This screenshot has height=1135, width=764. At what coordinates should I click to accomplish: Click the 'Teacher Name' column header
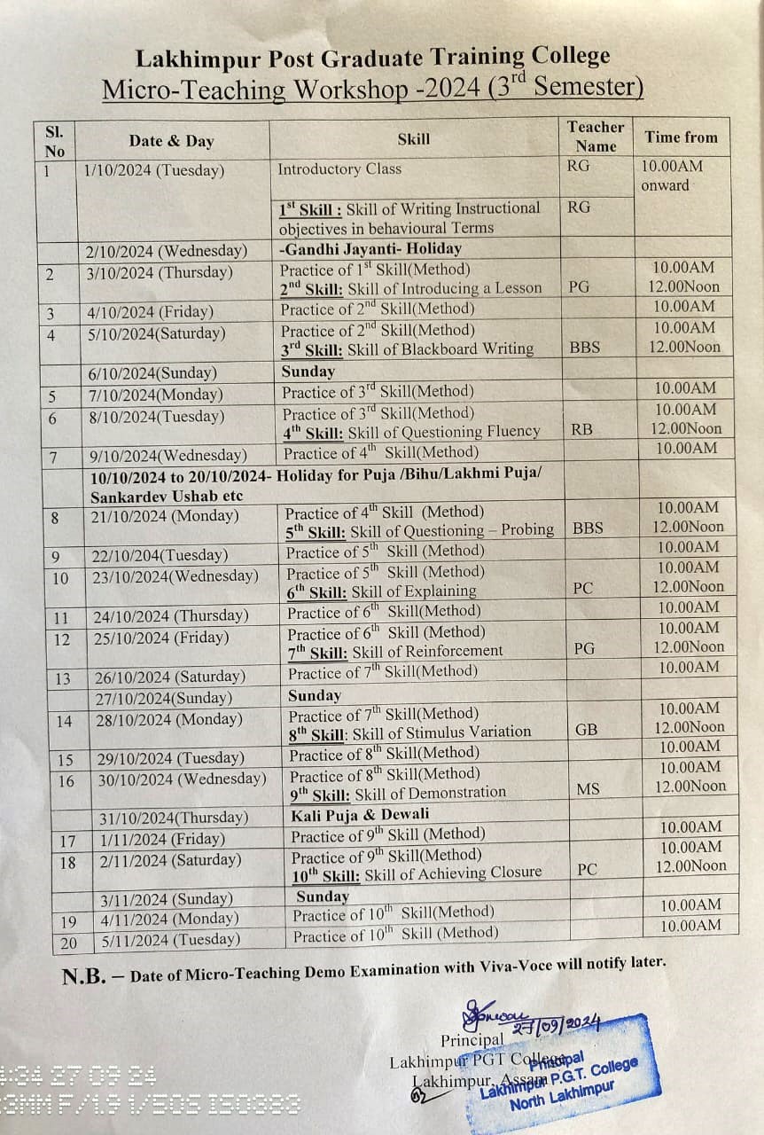[596, 137]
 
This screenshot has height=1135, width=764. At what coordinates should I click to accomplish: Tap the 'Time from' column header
[681, 137]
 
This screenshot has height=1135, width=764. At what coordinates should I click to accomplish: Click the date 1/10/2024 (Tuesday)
[154, 170]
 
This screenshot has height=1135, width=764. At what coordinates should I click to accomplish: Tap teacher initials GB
[586, 730]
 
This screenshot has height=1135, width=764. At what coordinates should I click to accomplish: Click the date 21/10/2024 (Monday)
[166, 516]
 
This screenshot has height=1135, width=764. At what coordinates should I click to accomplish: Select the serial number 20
[68, 943]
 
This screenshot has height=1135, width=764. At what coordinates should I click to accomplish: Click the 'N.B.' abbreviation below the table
[84, 977]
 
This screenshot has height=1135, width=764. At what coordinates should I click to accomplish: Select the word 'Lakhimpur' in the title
[189, 59]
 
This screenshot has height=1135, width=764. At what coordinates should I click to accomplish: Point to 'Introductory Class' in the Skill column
[339, 168]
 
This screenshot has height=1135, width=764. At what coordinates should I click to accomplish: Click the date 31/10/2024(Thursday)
[174, 817]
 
